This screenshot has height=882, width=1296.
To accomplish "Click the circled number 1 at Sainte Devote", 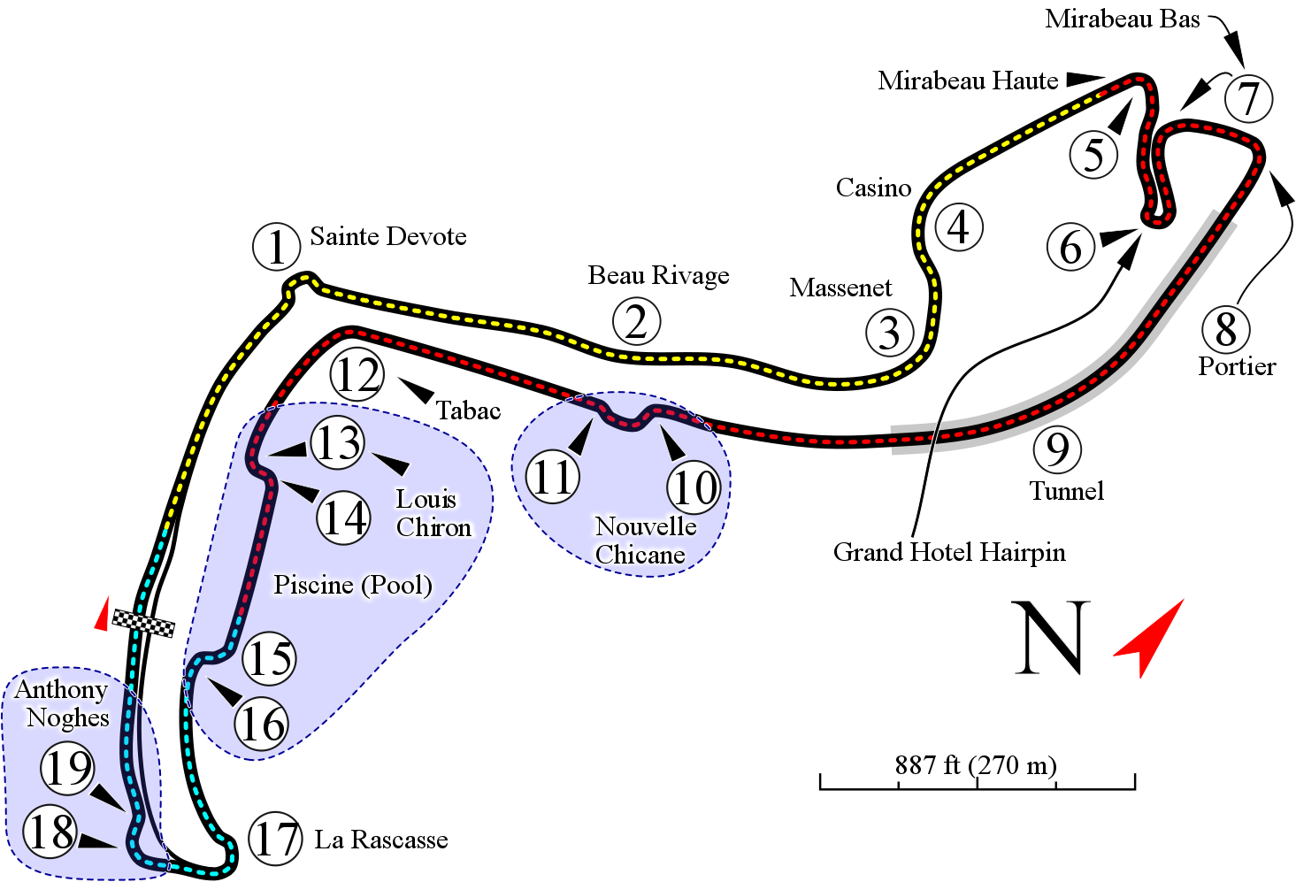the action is pyautogui.click(x=277, y=247).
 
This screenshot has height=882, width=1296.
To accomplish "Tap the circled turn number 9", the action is pyautogui.click(x=1057, y=449).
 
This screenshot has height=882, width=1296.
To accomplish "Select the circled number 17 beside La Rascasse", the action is pyautogui.click(x=275, y=838).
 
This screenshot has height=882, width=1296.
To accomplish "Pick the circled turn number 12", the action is pyautogui.click(x=357, y=374).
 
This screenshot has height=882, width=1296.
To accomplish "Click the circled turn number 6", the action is pyautogui.click(x=1071, y=247).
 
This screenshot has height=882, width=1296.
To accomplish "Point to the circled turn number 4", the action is pyautogui.click(x=959, y=226).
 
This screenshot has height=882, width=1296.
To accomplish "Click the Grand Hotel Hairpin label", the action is pyautogui.click(x=949, y=552).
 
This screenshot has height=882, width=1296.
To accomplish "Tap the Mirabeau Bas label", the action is pyautogui.click(x=1123, y=19).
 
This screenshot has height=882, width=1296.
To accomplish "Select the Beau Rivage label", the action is pyautogui.click(x=658, y=275).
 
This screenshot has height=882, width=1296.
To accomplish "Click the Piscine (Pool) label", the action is pyautogui.click(x=353, y=585).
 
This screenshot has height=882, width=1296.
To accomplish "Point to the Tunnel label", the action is pyautogui.click(x=1066, y=491).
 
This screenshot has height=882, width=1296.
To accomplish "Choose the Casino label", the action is pyautogui.click(x=874, y=188).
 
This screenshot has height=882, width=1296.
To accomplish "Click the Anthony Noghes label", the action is pyautogui.click(x=63, y=703).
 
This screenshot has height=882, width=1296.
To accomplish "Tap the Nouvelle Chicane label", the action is pyautogui.click(x=646, y=541).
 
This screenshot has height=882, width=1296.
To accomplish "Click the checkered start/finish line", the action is pyautogui.click(x=143, y=624).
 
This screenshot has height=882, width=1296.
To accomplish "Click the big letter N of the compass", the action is pyautogui.click(x=1050, y=638).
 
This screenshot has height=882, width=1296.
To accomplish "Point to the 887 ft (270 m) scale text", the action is pyautogui.click(x=976, y=765).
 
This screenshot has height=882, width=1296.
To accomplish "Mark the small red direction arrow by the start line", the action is pyautogui.click(x=103, y=615).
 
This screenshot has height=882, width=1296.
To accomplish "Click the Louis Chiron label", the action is pyautogui.click(x=433, y=513).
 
